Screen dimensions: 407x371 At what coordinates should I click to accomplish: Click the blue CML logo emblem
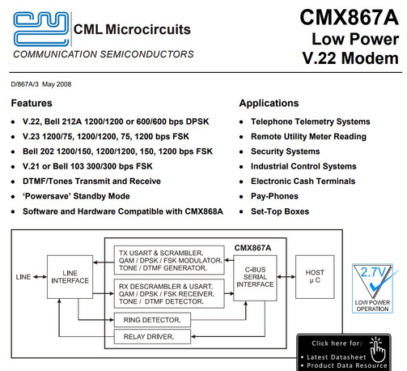coord(41,28)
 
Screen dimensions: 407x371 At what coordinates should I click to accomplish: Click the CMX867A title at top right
coord(349,18)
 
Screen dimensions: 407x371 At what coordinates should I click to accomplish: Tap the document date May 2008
coord(57,84)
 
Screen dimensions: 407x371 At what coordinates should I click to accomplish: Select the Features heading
coord(32,103)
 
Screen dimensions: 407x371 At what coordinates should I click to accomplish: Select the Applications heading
coord(269,103)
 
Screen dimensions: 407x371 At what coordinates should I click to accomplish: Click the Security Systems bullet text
coord(286,151)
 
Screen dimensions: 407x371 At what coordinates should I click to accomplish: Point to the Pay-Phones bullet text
coord(274,196)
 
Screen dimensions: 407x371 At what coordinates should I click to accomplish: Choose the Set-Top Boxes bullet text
coord(280,211)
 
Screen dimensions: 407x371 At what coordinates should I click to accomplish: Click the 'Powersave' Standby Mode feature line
coord(76,196)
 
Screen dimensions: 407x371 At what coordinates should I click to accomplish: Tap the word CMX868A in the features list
coord(204,211)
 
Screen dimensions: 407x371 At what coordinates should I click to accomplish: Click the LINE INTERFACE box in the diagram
coord(70,277)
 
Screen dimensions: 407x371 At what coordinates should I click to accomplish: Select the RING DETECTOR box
coord(152,320)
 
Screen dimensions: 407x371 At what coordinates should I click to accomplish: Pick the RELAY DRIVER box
coord(152,337)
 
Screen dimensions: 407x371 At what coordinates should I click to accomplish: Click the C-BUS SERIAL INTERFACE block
coord(255,278)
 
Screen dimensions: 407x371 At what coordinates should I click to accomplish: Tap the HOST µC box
coord(315,277)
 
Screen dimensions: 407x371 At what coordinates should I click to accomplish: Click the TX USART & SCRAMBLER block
coord(169,260)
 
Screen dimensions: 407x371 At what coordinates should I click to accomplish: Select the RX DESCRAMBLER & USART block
coord(169,294)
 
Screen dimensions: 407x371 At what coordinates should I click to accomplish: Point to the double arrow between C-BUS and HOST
coord(286,277)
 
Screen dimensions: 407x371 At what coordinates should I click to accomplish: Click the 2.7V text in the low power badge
coord(373,272)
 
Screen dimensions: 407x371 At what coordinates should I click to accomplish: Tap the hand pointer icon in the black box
coord(378,349)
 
